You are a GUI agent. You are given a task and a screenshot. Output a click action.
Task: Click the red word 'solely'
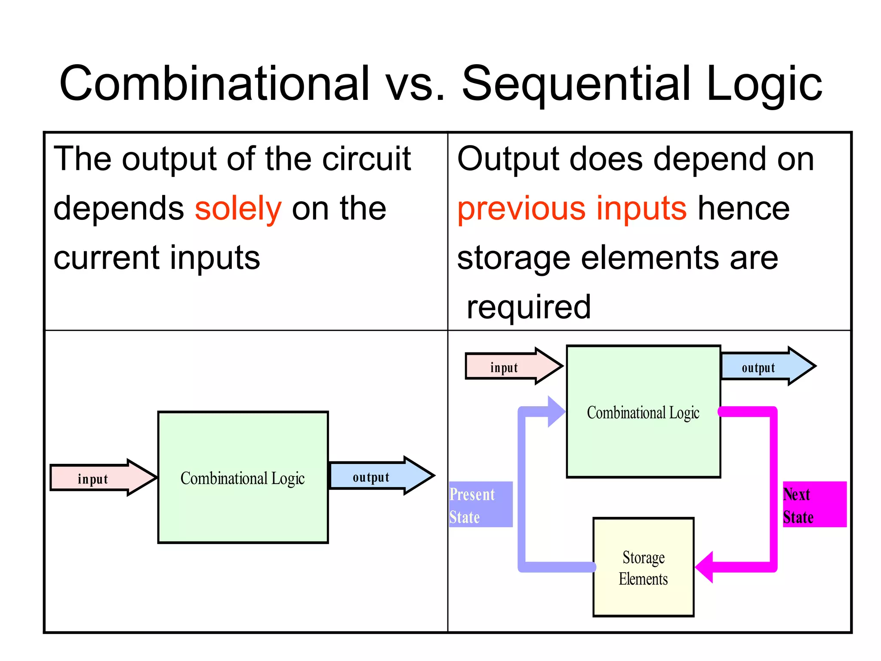pyautogui.click(x=238, y=209)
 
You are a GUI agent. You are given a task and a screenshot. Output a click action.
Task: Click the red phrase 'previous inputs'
pyautogui.click(x=571, y=209)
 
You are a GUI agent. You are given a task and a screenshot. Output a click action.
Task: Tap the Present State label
pyautogui.click(x=480, y=504)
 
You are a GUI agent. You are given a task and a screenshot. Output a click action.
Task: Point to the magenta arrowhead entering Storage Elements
pyautogui.click(x=705, y=567)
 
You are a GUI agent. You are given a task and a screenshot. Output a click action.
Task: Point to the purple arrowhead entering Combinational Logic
pyautogui.click(x=556, y=412)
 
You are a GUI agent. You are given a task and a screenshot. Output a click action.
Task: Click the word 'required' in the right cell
pyautogui.click(x=528, y=307)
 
